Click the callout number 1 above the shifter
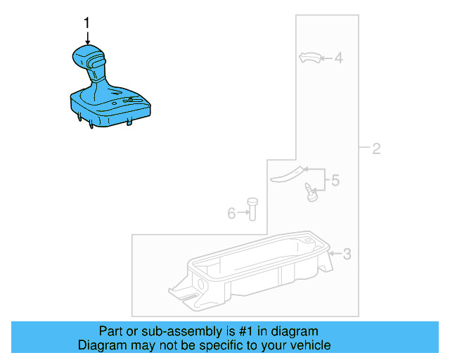[87, 23]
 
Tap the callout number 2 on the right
[376, 148]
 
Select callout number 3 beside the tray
[346, 254]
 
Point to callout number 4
[337, 58]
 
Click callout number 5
[335, 181]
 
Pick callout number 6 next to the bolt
[231, 212]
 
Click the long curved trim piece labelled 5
[289, 173]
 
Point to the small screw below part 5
[310, 191]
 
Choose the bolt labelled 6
[252, 210]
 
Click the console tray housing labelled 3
[253, 271]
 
